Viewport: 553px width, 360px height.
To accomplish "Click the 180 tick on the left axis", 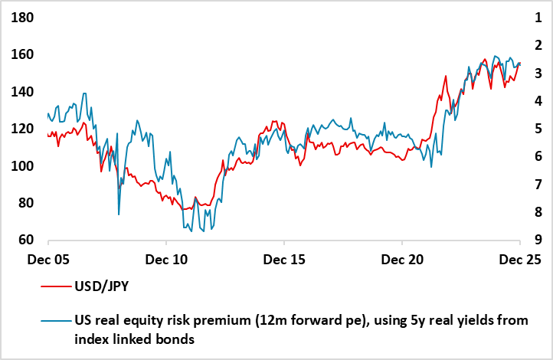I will pos(23,18).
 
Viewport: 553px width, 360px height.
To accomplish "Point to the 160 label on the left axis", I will pos(23,55).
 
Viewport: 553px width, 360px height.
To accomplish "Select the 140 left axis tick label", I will pos(23,92).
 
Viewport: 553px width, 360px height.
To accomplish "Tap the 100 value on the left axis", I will pos(23,166).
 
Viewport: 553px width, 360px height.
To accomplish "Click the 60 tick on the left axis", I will pos(26,240).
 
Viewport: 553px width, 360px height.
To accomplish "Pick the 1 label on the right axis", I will pos(539,18).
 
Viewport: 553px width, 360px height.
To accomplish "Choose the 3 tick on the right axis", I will pos(539,74).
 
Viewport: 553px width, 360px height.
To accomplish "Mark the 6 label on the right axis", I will pos(539,156).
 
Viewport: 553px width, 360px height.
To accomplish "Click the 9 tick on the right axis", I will pos(539,240).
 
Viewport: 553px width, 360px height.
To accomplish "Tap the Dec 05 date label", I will pos(47,260).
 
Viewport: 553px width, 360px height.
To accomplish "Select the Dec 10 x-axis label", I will pos(166,260).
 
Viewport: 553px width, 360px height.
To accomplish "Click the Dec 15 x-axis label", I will pos(284,260).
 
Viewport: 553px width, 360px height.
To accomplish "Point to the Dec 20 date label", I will pos(403,260).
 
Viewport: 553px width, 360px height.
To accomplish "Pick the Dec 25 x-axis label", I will pos(521,260).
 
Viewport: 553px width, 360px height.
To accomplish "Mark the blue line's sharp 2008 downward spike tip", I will pos(119,214).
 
